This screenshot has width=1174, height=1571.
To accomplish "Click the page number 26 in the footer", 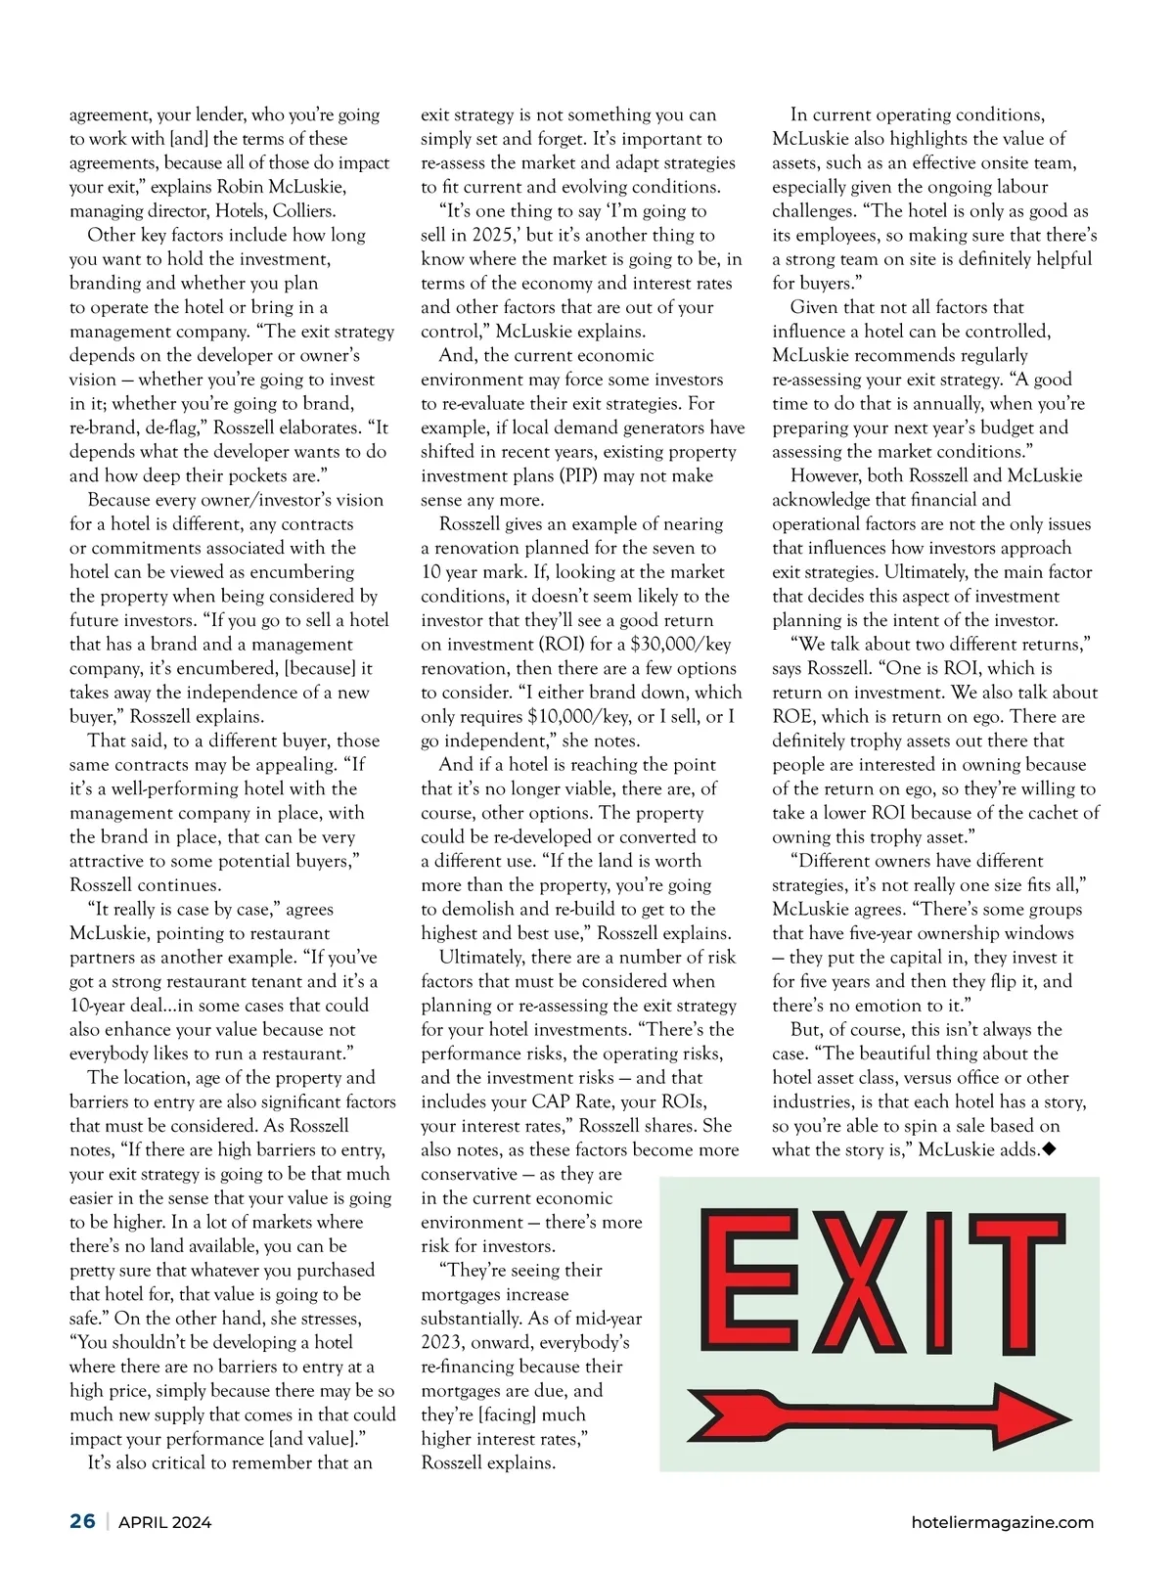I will (x=82, y=1521).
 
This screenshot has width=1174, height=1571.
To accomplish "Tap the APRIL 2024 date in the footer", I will (x=164, y=1522).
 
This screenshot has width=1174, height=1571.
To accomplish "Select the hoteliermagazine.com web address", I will (x=1002, y=1522).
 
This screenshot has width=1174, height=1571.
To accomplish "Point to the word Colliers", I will (x=302, y=211).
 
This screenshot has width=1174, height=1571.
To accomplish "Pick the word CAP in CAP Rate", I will (x=551, y=1102).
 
